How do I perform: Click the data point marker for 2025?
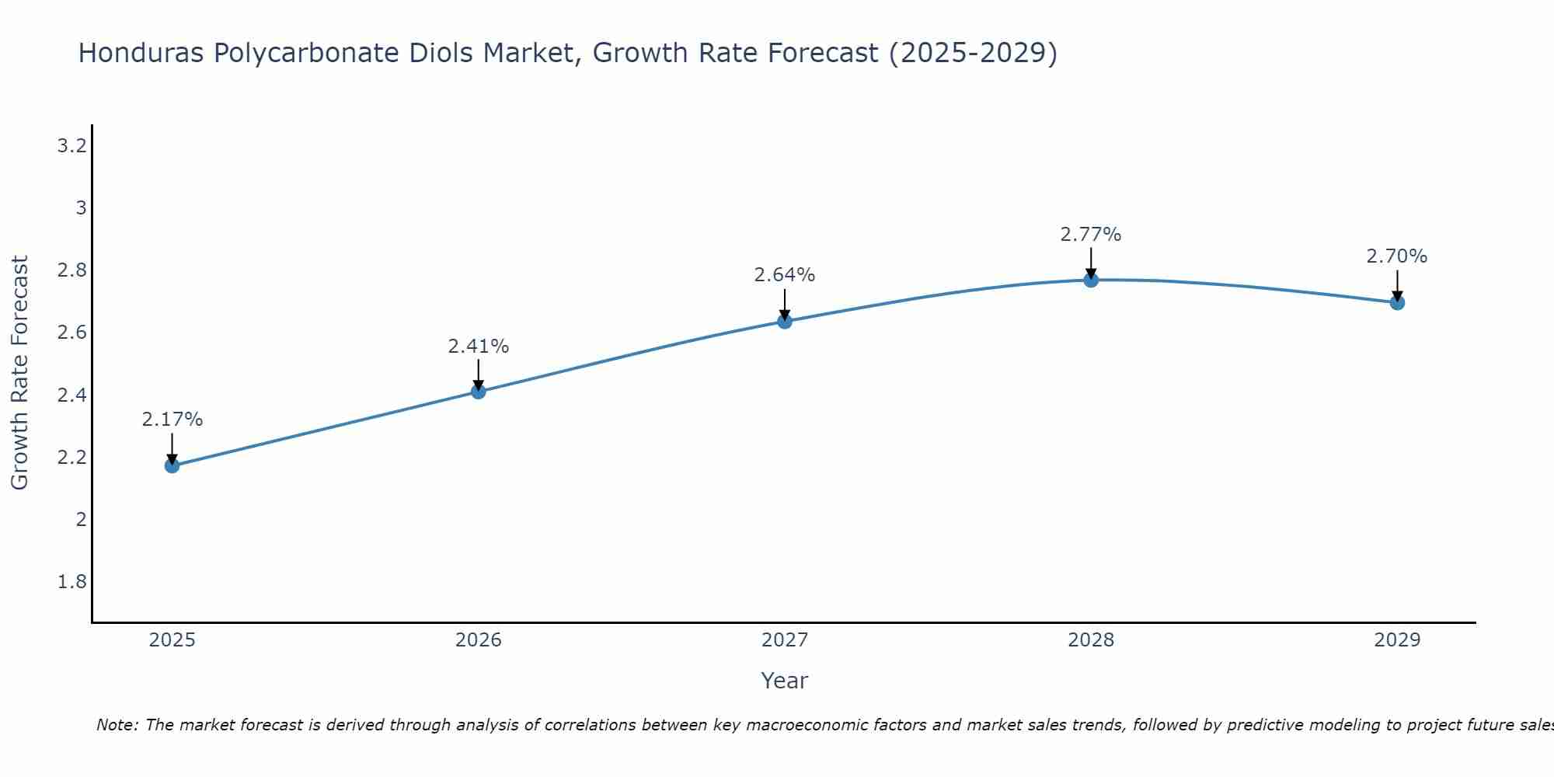click(x=172, y=465)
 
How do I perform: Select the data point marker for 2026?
click(x=479, y=391)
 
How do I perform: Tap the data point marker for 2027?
click(x=785, y=321)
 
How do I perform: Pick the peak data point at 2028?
click(x=1091, y=280)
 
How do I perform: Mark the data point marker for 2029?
click(x=1397, y=302)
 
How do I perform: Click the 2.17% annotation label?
click(x=172, y=420)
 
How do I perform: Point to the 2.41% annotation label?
click(x=479, y=347)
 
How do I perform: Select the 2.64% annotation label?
click(x=785, y=275)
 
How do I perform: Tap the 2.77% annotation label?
click(x=1091, y=235)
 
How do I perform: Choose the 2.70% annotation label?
click(x=1397, y=256)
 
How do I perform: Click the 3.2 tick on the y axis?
click(x=71, y=146)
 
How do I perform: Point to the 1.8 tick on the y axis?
click(x=71, y=582)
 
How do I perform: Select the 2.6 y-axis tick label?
click(x=71, y=333)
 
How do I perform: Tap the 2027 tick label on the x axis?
click(x=785, y=640)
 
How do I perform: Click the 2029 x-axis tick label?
click(x=1397, y=640)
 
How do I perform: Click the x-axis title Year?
click(x=785, y=681)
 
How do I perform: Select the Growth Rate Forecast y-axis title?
click(x=20, y=373)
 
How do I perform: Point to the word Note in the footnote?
click(x=117, y=725)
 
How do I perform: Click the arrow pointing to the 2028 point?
click(x=1091, y=263)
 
